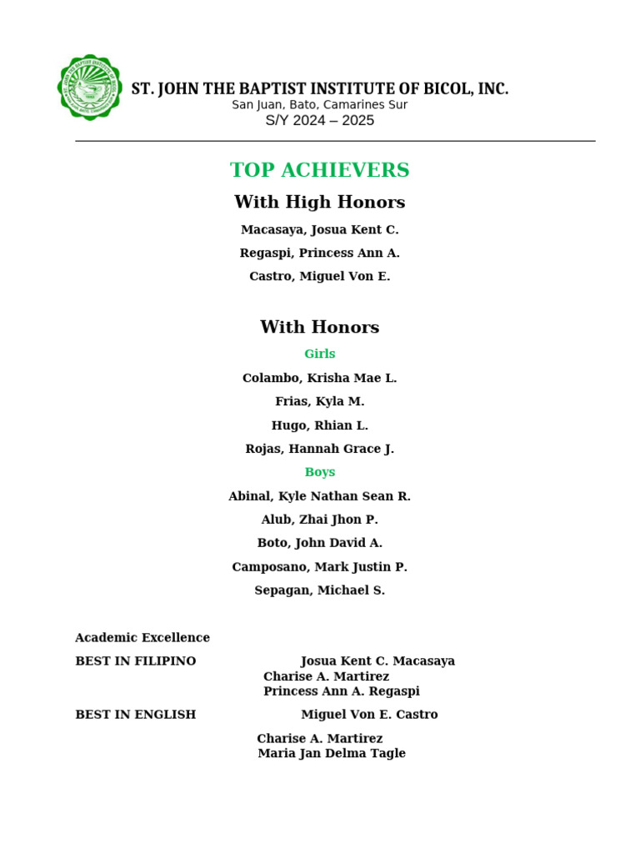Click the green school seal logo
(x=90, y=88)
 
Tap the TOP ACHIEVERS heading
(x=320, y=170)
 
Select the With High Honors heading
(x=320, y=202)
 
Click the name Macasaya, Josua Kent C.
(x=320, y=229)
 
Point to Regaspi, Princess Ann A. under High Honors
(x=320, y=253)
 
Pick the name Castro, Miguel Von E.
(x=320, y=276)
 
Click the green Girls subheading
(x=320, y=354)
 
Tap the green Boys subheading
(x=320, y=472)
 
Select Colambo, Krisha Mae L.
(x=320, y=378)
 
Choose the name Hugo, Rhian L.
(x=320, y=425)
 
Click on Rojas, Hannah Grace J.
(x=320, y=449)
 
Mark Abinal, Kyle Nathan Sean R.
(x=320, y=496)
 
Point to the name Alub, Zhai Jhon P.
(x=320, y=520)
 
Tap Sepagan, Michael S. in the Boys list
(x=320, y=590)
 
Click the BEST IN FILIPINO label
(x=136, y=661)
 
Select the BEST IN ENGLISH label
(x=136, y=715)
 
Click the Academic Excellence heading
(x=142, y=638)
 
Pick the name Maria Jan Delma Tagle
(x=332, y=753)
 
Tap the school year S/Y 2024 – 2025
(x=320, y=121)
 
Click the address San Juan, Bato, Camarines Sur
(x=320, y=105)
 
